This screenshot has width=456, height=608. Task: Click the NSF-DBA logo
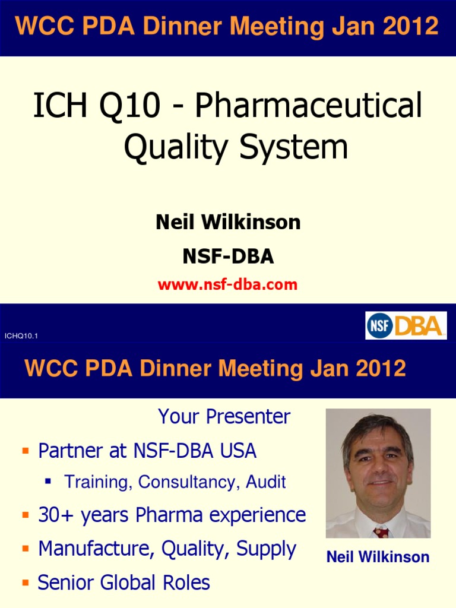[x=406, y=325]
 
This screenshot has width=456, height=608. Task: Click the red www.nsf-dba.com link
[x=227, y=284]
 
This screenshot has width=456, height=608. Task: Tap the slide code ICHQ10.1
[x=21, y=336]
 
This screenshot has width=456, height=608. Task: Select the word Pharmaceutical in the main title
[x=309, y=106]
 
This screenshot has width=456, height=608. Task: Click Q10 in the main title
[x=130, y=106]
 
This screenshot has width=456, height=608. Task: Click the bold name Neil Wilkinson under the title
[x=228, y=223]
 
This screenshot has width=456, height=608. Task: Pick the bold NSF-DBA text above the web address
[x=228, y=256]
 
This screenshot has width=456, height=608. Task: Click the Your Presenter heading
[x=224, y=417]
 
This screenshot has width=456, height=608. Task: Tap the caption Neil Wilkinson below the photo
[x=378, y=557]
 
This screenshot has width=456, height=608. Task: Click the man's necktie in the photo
[x=381, y=533]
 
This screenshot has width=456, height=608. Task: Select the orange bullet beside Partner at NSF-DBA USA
[x=25, y=452]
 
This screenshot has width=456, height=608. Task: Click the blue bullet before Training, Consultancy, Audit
[x=48, y=482]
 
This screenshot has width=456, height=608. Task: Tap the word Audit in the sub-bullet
[x=267, y=482]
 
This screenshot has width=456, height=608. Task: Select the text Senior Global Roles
[x=123, y=582]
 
